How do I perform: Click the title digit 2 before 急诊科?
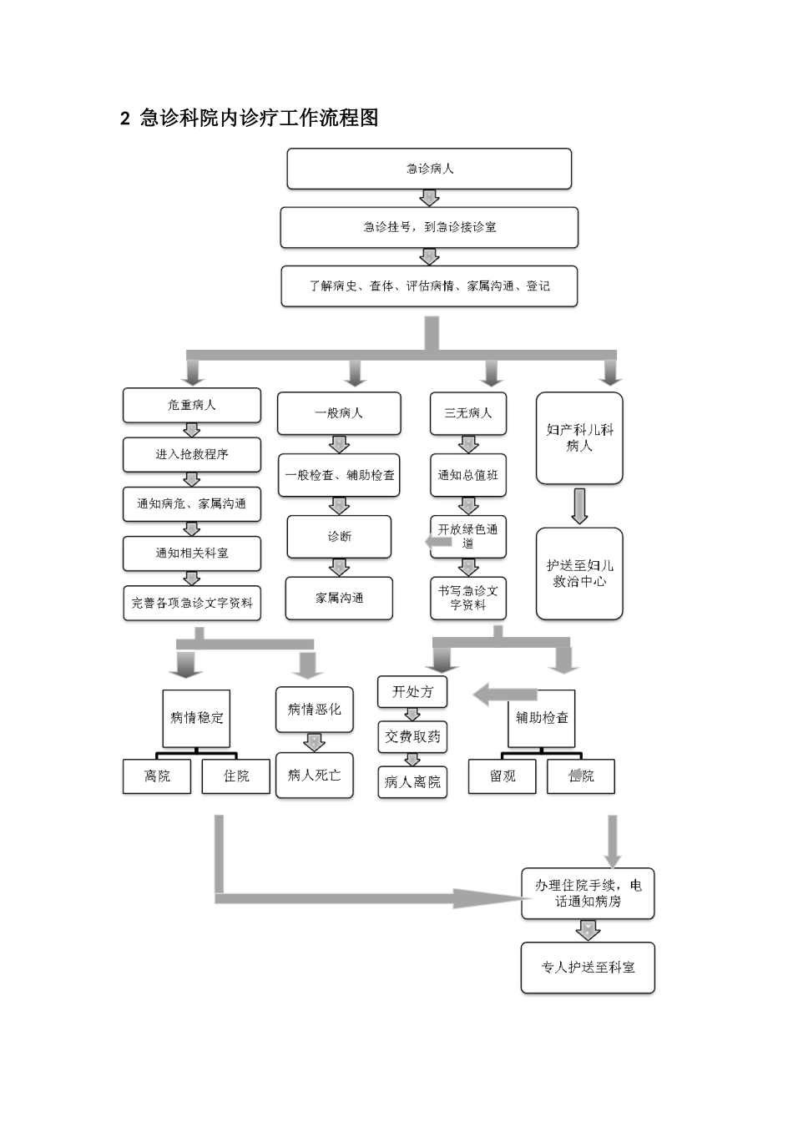(x=125, y=119)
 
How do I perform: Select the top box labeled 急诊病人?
(x=429, y=169)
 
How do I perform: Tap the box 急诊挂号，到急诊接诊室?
(x=429, y=227)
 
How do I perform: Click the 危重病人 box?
(x=191, y=405)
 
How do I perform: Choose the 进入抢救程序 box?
(x=191, y=454)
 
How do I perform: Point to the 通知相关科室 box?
(x=191, y=553)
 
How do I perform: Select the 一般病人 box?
(x=338, y=413)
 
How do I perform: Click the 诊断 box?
(x=339, y=536)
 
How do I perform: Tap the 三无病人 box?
(x=467, y=413)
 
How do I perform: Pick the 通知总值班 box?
(x=467, y=475)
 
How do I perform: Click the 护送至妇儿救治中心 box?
(x=579, y=574)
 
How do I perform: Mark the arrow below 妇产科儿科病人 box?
(x=579, y=506)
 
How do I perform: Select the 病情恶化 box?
(x=314, y=709)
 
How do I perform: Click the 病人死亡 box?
(x=314, y=776)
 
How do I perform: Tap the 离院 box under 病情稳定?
(x=157, y=776)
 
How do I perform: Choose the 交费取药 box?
(x=412, y=737)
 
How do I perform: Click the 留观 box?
(x=502, y=776)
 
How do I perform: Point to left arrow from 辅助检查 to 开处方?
(x=504, y=695)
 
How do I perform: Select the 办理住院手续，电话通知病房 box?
(x=588, y=893)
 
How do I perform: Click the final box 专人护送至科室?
(x=588, y=968)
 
